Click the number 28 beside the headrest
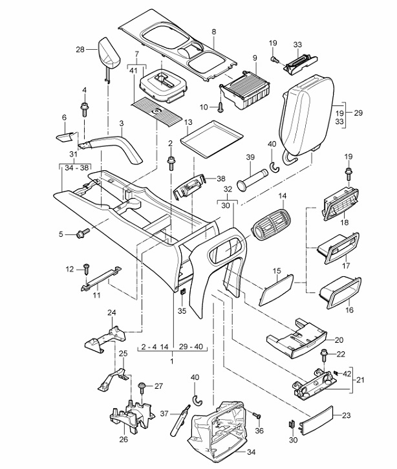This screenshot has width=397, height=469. coord(80,49)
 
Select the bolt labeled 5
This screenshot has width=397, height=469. coord(83,234)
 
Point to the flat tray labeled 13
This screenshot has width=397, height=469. coord(211,139)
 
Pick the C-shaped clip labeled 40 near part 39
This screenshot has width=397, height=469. coord(274,167)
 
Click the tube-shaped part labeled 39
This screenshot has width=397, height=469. coord(251,179)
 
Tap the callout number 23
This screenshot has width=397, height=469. coord(346,415)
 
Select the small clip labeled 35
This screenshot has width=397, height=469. coord(183,291)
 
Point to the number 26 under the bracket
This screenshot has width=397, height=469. coord(123,439)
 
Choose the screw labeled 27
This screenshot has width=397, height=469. coord(142,388)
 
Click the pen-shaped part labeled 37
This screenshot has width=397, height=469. coord(180,420)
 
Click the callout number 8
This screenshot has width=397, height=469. coord(214,32)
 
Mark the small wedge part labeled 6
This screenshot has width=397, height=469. coord(65,136)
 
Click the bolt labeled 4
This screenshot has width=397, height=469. coord(84,109)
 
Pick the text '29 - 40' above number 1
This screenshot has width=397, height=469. coord(191,347)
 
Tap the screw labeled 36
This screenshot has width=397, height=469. coord(257,416)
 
